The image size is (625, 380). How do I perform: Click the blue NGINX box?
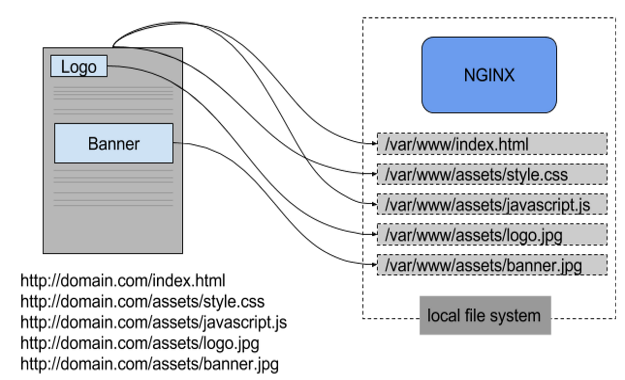pos(489,75)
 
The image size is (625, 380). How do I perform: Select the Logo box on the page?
pos(79,67)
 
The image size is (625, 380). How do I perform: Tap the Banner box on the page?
pos(114,143)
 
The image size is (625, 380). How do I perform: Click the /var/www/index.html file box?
pos(492,144)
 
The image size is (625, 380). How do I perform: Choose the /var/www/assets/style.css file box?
pos(492,174)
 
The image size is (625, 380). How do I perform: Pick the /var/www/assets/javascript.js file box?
pos(492,204)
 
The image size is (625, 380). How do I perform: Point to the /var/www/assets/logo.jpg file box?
pos(492,235)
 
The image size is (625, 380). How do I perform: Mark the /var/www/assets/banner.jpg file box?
pos(492,265)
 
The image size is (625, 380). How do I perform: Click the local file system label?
pos(484,315)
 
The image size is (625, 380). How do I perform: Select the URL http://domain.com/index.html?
pos(123,281)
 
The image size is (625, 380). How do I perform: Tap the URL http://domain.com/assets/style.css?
pos(142,301)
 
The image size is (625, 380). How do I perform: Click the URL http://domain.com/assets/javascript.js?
pos(154,322)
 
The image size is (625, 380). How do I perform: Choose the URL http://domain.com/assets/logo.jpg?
pos(140,343)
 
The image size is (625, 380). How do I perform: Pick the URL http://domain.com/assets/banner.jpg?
pos(149,364)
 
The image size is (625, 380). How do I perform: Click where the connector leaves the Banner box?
pos(174,143)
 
